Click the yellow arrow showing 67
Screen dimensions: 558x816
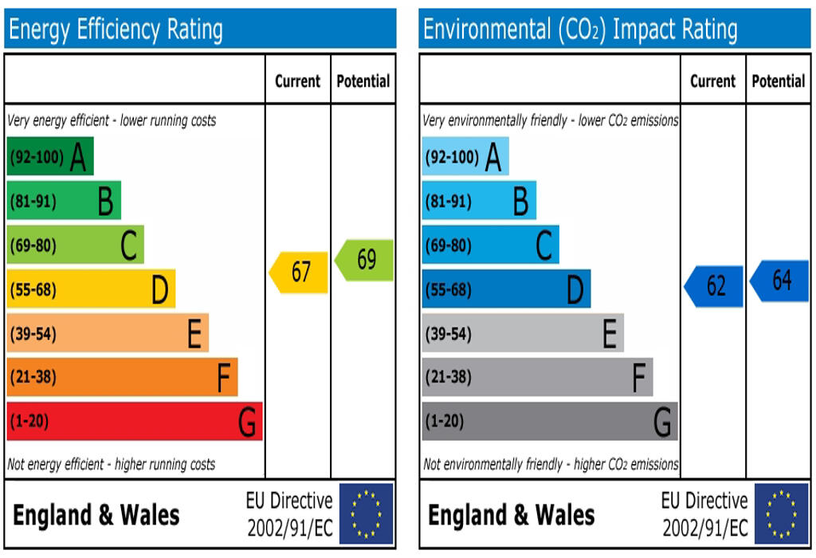pyautogui.click(x=300, y=273)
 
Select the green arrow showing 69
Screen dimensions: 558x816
pyautogui.click(x=365, y=260)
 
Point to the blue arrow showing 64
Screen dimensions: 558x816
pyautogui.click(x=781, y=281)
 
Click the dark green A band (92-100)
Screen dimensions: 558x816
pyautogui.click(x=50, y=156)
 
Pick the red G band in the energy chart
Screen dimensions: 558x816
pyautogui.click(x=135, y=421)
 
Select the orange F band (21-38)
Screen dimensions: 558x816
pyautogui.click(x=122, y=377)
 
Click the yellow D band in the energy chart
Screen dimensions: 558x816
pyautogui.click(x=91, y=289)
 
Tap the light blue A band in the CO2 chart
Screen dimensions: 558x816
pyautogui.click(x=465, y=156)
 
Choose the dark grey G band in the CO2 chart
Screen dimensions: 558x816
pyautogui.click(x=550, y=421)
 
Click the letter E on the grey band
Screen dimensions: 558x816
pyautogui.click(x=610, y=333)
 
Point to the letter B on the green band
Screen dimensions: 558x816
pyautogui.click(x=105, y=202)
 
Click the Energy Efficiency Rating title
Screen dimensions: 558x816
pyautogui.click(x=116, y=30)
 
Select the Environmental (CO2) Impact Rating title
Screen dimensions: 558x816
pyautogui.click(x=580, y=30)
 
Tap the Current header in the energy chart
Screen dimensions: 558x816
pyautogui.click(x=297, y=81)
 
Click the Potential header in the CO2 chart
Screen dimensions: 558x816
pyautogui.click(x=779, y=81)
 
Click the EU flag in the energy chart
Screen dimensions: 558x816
pyautogui.click(x=367, y=514)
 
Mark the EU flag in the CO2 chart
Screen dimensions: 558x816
pyautogui.click(x=782, y=514)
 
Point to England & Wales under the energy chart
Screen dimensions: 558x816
pyautogui.click(x=96, y=515)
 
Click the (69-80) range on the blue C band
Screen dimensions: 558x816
pyautogui.click(x=448, y=246)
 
